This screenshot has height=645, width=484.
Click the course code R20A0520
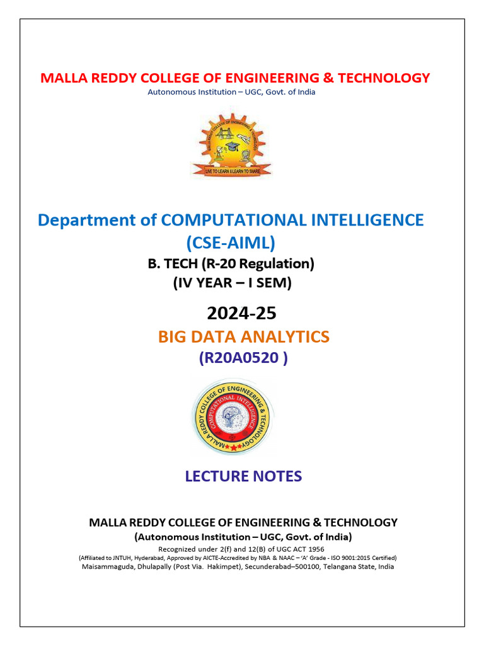point(243,358)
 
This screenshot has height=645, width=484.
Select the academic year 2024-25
point(242,312)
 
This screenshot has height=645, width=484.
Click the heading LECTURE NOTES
point(243,476)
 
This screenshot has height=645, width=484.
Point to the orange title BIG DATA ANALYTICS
point(243,336)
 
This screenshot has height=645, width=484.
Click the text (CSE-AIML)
point(231,242)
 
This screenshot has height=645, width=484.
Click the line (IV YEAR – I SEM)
point(232,283)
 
